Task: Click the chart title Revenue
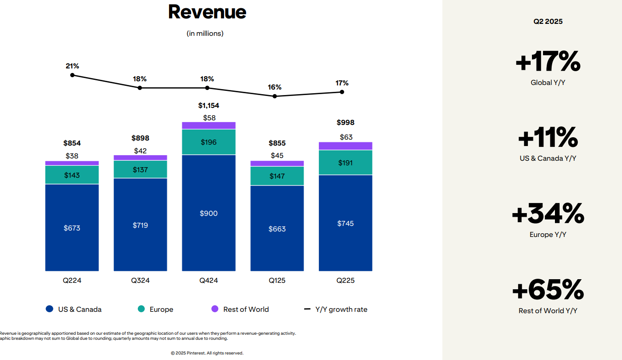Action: (x=207, y=12)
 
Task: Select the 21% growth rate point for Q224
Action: (x=72, y=75)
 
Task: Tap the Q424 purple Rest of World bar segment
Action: (x=209, y=125)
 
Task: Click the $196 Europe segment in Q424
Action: (x=209, y=142)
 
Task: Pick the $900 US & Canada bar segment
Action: (x=209, y=213)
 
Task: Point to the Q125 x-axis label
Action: (x=277, y=281)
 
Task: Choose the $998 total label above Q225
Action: (x=345, y=123)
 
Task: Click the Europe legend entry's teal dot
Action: (x=141, y=309)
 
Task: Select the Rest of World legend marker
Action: (x=215, y=309)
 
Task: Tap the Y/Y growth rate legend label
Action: (x=341, y=309)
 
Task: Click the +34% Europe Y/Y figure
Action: (x=548, y=213)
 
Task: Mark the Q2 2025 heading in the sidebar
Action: (x=548, y=22)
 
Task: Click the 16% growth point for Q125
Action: (x=275, y=96)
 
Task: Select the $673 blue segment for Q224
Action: (x=72, y=228)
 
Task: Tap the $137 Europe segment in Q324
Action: (x=140, y=169)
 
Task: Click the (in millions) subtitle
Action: (x=205, y=34)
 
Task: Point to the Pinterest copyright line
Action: (x=207, y=353)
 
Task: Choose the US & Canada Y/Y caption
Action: (x=548, y=158)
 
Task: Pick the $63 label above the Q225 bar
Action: (x=346, y=137)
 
